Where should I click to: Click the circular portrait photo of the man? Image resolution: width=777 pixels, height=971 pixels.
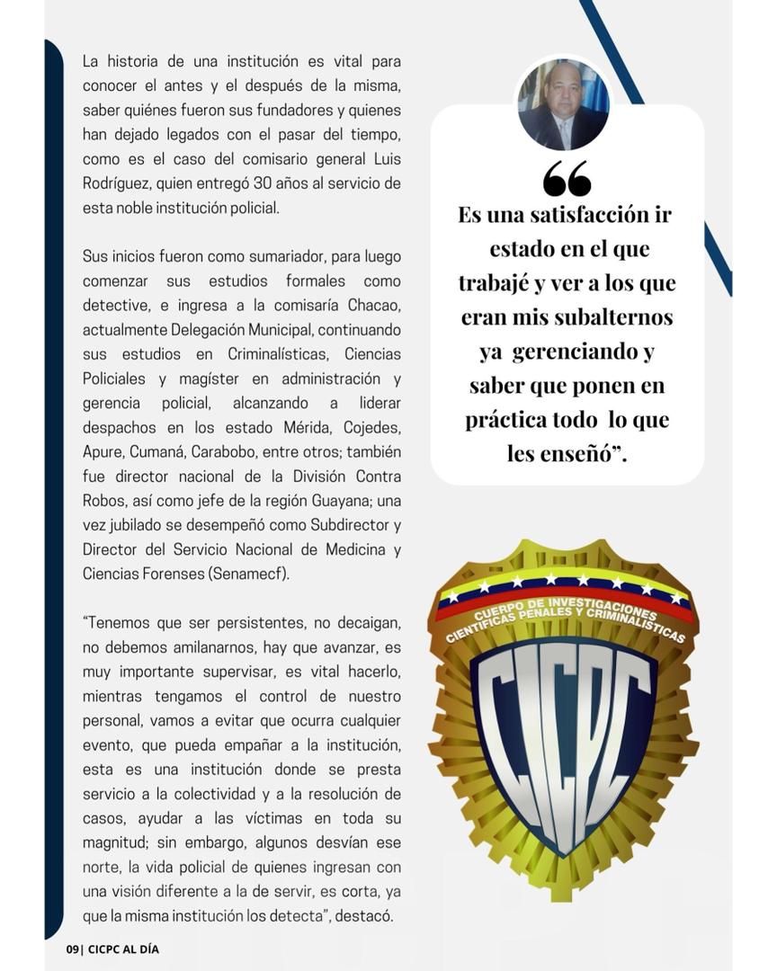point(564,105)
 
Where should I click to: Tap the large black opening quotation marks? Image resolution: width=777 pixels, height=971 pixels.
point(567,179)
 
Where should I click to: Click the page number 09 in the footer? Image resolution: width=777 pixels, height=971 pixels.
point(73,949)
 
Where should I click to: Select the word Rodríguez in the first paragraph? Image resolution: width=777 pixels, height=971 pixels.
point(115,183)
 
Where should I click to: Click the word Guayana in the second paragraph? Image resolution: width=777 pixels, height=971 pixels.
point(343,499)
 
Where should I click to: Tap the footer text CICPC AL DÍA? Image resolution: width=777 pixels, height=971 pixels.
point(124,949)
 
